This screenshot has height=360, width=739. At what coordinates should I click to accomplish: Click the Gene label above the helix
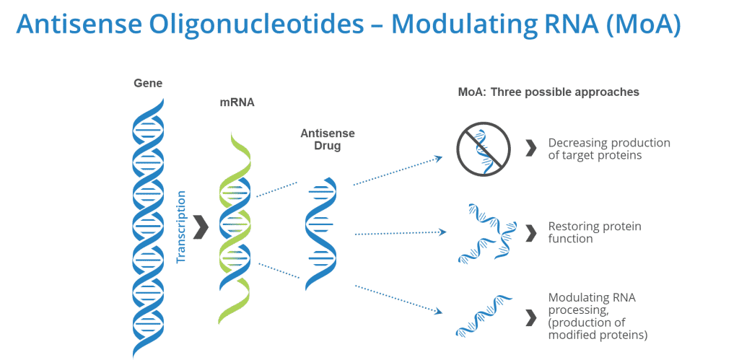click(148, 83)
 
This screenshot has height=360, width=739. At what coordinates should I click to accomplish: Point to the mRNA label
click(237, 102)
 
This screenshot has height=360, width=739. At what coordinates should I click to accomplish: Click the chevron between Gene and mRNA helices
click(201, 227)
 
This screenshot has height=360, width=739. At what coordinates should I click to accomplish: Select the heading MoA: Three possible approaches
click(548, 92)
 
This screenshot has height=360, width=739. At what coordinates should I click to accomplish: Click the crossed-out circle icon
click(484, 149)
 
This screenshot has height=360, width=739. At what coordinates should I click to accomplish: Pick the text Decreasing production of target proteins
click(608, 149)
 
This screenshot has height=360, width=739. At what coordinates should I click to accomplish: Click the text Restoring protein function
click(594, 232)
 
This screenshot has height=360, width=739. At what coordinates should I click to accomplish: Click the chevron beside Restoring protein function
click(531, 232)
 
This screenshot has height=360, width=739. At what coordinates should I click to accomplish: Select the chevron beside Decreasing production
click(531, 149)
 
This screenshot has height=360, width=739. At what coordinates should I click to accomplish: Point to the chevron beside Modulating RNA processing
click(531, 316)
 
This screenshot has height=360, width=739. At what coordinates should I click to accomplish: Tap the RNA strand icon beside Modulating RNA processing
click(484, 315)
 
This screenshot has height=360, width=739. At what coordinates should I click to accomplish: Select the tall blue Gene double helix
click(148, 224)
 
